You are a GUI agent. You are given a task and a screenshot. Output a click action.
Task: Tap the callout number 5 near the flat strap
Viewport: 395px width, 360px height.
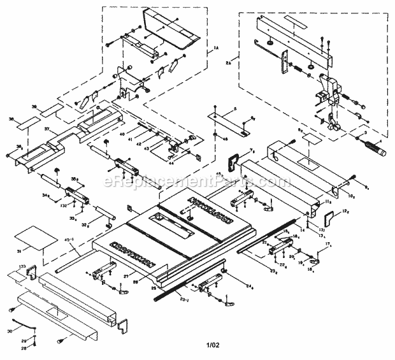point(234,110)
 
